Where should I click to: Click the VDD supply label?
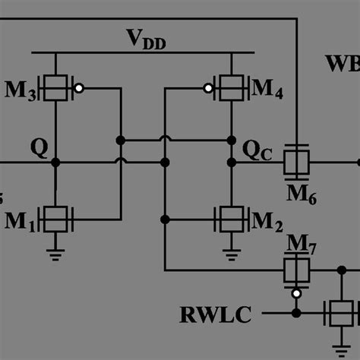coord(144,37)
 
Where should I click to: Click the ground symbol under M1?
coord(55,255)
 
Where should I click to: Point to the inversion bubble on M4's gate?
coord(207,89)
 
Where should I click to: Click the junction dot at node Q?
coord(55,163)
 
